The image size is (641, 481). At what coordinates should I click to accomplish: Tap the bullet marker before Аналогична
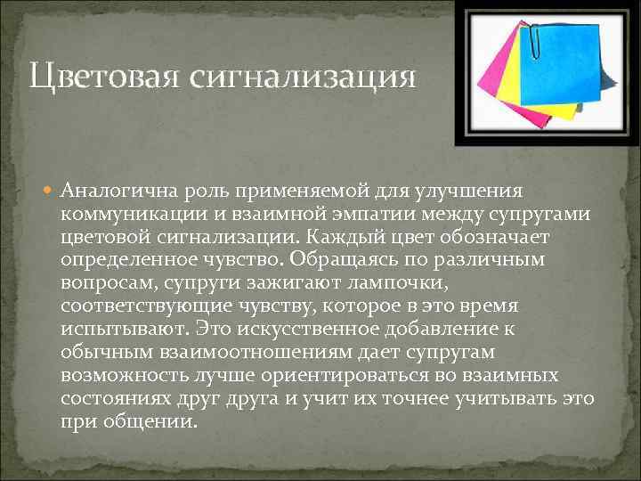point(50,192)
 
